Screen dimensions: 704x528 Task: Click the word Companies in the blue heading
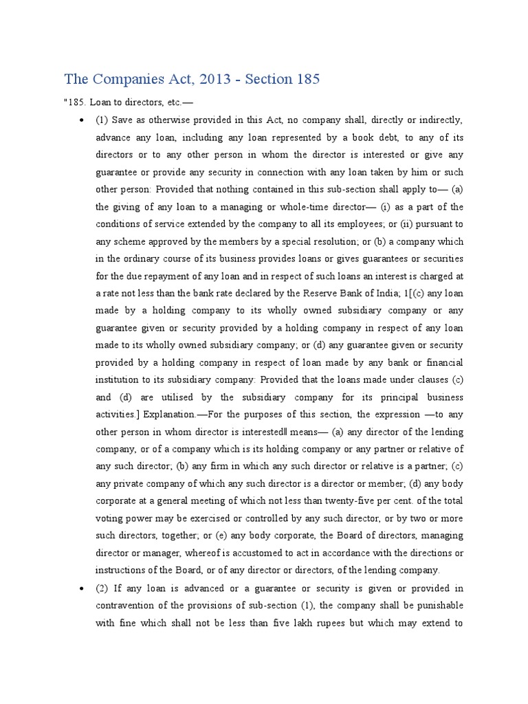tap(131, 79)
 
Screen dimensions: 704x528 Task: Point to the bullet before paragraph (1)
tap(82, 120)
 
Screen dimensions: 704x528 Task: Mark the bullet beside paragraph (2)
tap(82, 588)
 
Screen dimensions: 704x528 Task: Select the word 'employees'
tap(339, 224)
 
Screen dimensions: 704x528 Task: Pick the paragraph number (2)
tap(103, 588)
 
